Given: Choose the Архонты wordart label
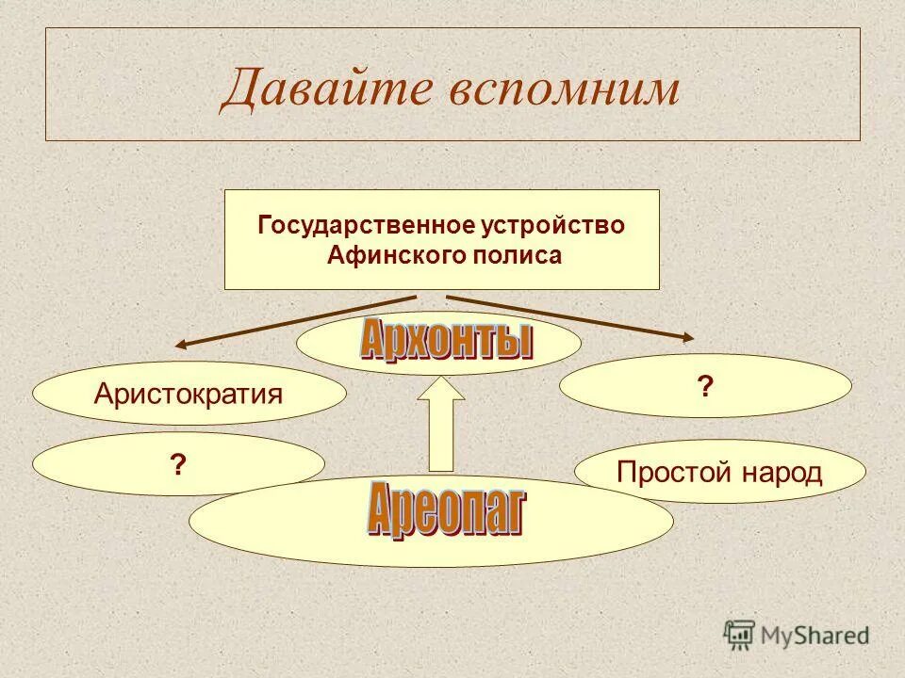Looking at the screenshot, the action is (446, 340).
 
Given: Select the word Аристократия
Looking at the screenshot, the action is (189, 394).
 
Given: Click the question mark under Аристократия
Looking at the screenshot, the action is (177, 465).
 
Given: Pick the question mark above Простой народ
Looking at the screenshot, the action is (704, 386).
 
